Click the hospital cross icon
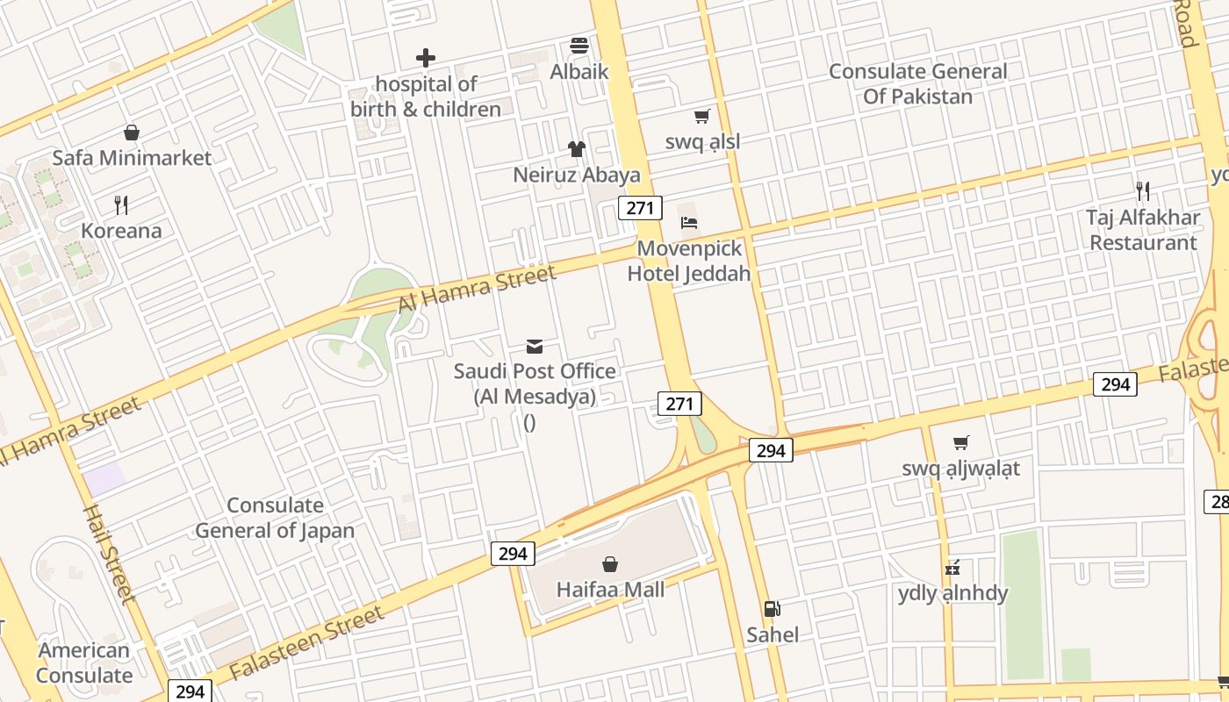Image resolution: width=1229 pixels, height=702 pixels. [426, 58]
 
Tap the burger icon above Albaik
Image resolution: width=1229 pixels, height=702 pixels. [579, 46]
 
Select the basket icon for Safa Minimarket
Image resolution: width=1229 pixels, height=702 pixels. [132, 133]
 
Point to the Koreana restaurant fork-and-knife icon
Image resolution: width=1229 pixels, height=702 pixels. [121, 205]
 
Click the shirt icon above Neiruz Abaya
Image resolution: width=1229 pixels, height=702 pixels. [577, 149]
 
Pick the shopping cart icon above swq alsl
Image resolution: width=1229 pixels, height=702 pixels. [701, 117]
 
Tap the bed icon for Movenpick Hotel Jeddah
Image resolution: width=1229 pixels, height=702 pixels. [689, 223]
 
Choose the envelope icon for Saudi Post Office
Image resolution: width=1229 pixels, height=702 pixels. [535, 346]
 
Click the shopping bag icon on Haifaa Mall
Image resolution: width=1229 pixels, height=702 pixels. [610, 564]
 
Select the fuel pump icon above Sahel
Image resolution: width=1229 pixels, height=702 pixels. [773, 608]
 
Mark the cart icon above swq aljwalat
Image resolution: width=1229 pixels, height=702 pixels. [961, 443]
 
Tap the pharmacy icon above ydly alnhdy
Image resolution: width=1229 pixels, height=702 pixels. [952, 568]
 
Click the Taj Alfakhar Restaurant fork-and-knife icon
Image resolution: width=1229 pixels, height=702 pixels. [1143, 190]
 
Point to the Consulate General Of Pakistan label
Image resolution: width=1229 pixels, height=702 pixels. [918, 83]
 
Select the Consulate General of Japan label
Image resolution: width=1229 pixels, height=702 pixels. [275, 518]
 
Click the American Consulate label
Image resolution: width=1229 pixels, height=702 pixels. [84, 663]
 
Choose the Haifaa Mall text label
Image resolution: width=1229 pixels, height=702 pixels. [610, 590]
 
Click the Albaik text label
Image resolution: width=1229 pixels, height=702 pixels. [579, 71]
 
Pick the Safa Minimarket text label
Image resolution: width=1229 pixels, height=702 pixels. [132, 158]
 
